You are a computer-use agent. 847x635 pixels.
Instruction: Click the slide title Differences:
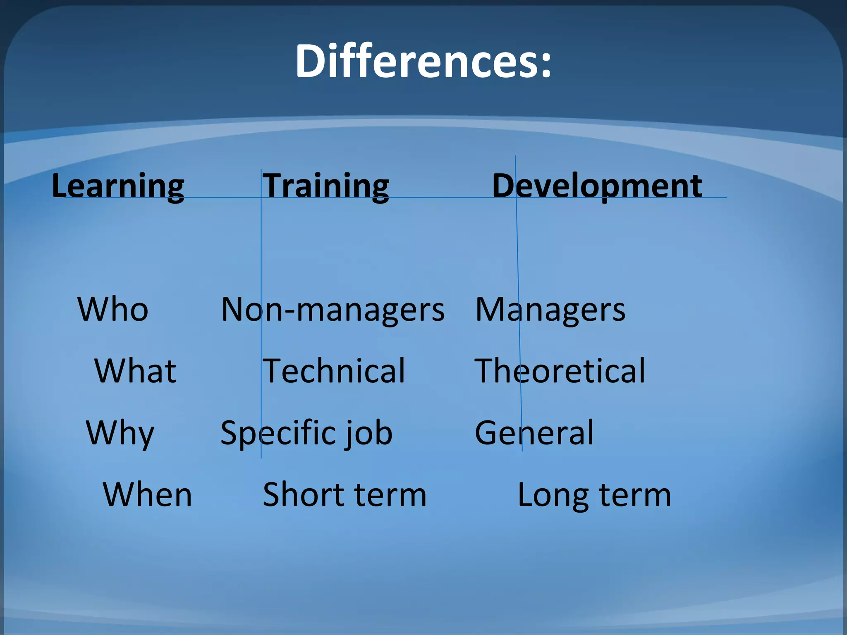[x=423, y=61]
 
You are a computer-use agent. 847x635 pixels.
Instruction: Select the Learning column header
[x=118, y=186]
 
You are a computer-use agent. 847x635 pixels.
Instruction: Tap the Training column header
[x=326, y=186]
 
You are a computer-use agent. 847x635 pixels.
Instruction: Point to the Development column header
[x=597, y=186]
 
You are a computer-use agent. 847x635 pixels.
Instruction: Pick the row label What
[x=135, y=371]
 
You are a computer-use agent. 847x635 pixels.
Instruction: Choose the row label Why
[x=120, y=433]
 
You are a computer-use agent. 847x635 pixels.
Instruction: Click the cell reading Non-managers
[x=333, y=310]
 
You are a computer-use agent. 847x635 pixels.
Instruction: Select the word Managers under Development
[x=550, y=310]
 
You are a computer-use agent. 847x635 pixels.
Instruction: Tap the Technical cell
[x=334, y=371]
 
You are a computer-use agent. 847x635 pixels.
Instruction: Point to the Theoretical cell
[x=560, y=371]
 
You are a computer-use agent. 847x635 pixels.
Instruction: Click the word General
[x=534, y=433]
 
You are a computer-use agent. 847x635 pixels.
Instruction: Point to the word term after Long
[x=634, y=495]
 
